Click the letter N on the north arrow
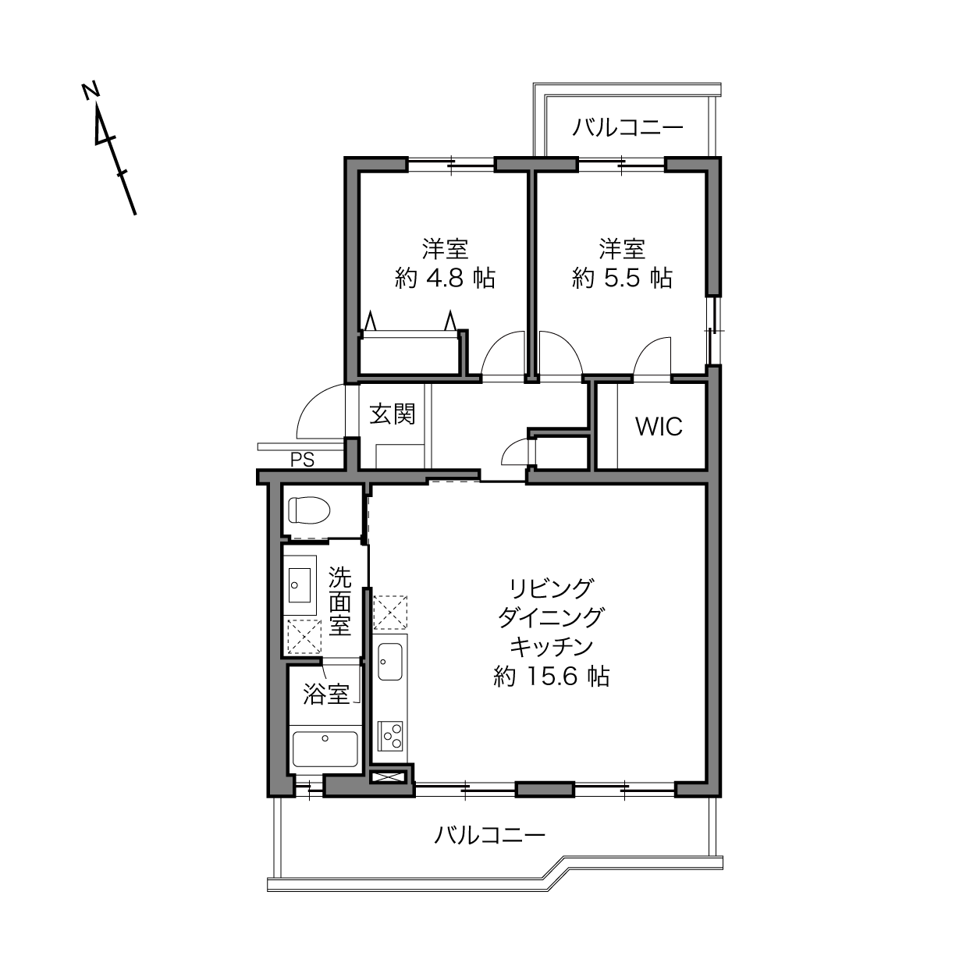point(91,91)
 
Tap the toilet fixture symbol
point(308,510)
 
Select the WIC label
point(659,427)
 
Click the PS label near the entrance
point(302,460)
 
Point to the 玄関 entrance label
point(392,414)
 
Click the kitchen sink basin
point(390,663)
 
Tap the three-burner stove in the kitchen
point(390,736)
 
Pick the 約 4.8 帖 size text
point(445,278)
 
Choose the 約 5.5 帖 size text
point(622,278)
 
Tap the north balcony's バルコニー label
point(627,128)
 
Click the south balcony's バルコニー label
point(489,835)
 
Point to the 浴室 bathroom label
point(326,694)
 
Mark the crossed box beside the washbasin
point(304,636)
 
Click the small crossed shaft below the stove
point(389,776)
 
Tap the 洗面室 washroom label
point(339,601)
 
